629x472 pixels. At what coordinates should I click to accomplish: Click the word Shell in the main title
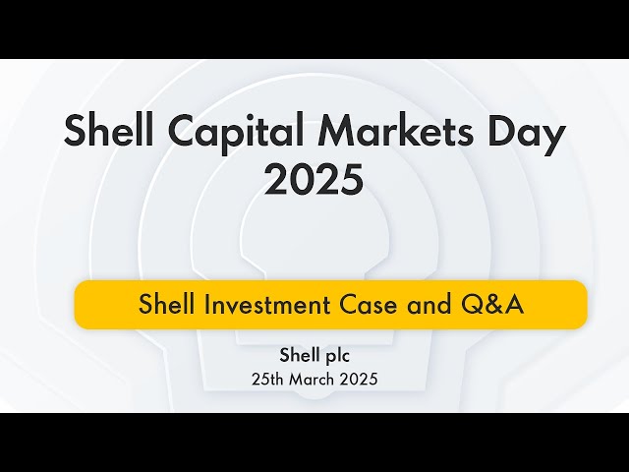tap(106, 133)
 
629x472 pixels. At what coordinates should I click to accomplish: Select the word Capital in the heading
tap(233, 133)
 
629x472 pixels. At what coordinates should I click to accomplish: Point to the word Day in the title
tap(529, 133)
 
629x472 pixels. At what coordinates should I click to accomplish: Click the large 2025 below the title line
tap(314, 180)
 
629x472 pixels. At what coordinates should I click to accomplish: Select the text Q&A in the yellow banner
tap(491, 305)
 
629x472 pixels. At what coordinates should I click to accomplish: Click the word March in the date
tap(313, 379)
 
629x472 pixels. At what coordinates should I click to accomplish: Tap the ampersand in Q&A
tap(491, 305)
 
